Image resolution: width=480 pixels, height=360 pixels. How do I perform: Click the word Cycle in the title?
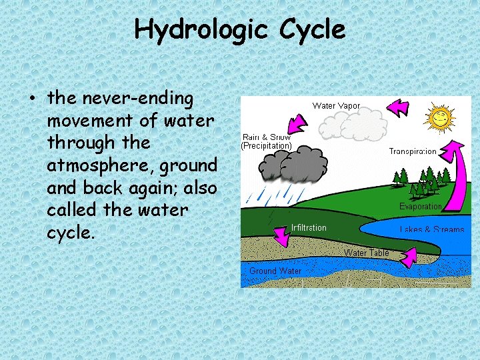coord(313,30)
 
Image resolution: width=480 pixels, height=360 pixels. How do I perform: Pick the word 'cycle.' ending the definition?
coord(71,232)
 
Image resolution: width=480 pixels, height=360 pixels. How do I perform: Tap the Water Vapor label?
coord(336,105)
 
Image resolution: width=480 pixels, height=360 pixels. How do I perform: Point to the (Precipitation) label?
coord(266,145)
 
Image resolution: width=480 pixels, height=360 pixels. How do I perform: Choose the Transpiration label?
coord(413,151)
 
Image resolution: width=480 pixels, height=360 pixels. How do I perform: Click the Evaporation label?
coord(420,207)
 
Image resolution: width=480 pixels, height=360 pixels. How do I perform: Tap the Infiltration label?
coord(309,228)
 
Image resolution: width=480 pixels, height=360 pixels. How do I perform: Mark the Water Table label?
coord(366,253)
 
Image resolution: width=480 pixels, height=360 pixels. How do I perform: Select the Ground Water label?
coord(275,271)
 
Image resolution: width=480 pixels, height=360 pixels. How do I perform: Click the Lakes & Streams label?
coord(432,230)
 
